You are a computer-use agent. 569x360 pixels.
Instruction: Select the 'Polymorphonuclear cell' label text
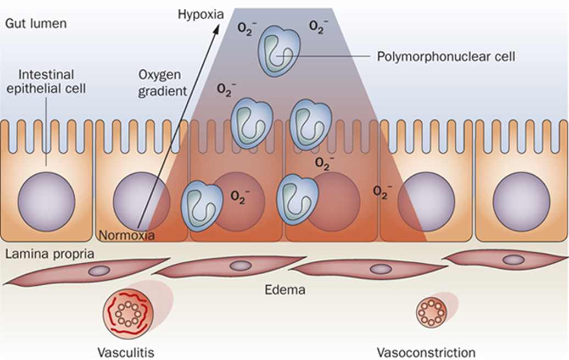(445, 56)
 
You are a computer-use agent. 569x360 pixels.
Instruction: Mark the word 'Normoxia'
(127, 235)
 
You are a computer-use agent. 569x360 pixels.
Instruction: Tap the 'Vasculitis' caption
(124, 352)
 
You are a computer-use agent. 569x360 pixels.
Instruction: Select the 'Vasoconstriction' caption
(426, 352)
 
